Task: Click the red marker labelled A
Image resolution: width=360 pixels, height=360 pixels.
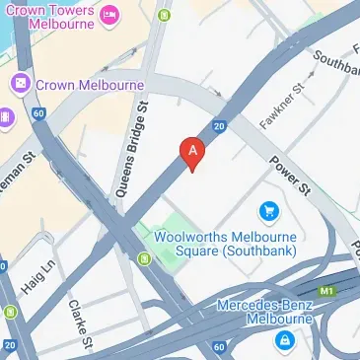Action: (192, 152)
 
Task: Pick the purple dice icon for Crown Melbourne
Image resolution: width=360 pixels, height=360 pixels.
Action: (21, 85)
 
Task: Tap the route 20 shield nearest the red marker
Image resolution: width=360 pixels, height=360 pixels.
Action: (221, 125)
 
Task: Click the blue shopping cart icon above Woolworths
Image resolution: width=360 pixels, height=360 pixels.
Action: (266, 210)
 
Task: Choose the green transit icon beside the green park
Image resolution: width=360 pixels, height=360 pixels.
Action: (145, 259)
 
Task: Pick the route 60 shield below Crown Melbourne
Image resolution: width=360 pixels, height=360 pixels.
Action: (37, 113)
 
